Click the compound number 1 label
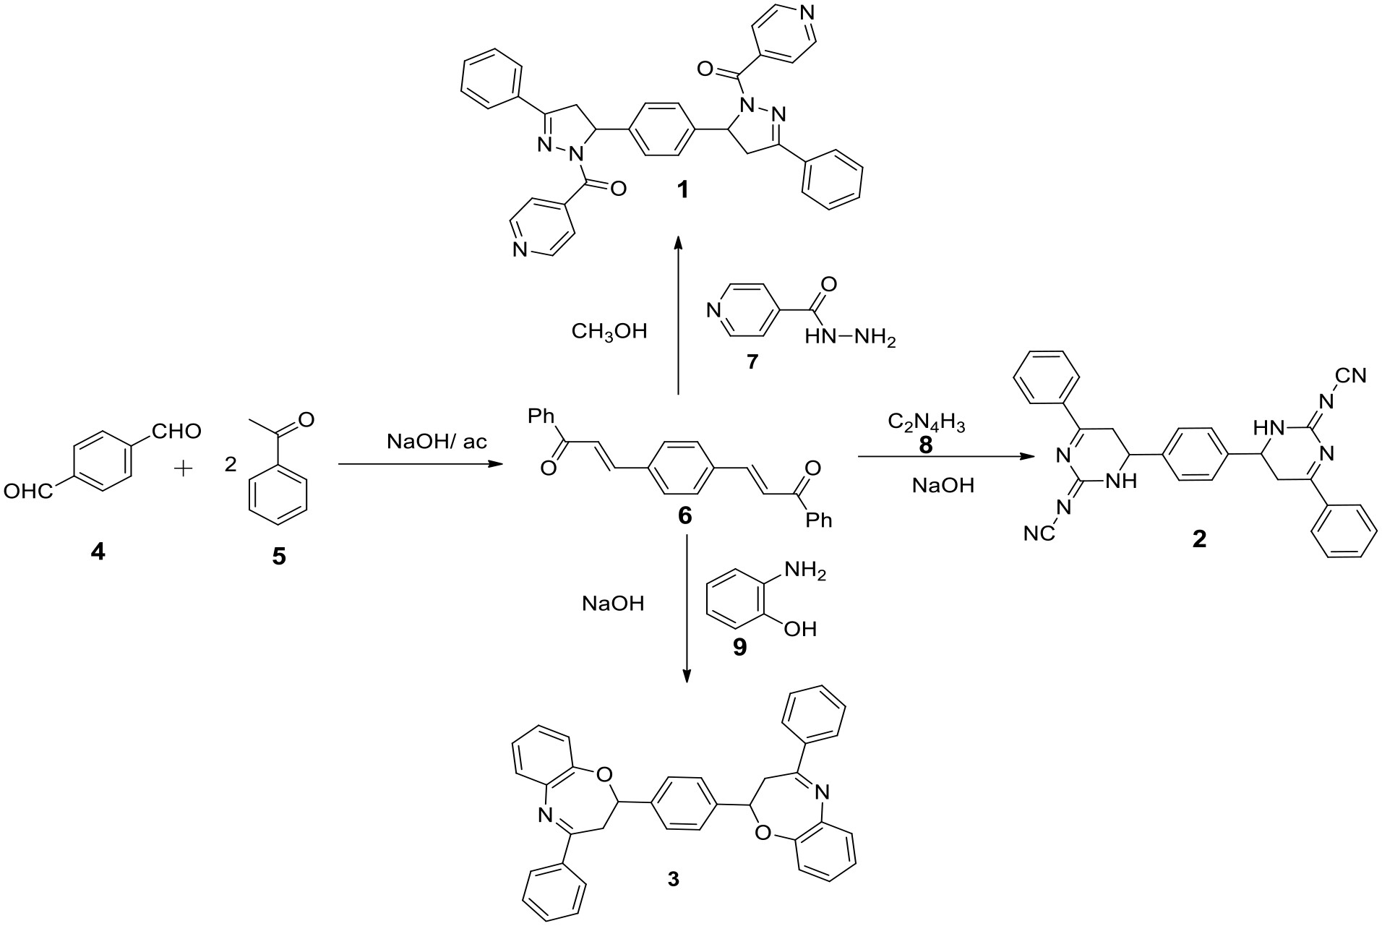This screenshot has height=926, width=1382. click(x=682, y=190)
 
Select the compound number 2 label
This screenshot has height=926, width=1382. click(x=1199, y=539)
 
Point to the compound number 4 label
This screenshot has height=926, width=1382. click(x=97, y=553)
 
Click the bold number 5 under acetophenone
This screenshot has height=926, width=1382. click(x=278, y=556)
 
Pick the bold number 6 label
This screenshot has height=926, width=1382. click(x=684, y=515)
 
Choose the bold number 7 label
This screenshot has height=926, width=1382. click(x=752, y=361)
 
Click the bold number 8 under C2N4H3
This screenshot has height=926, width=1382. click(x=926, y=446)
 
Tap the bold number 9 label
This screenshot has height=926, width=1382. click(x=739, y=647)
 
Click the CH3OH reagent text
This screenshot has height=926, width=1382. click(x=609, y=332)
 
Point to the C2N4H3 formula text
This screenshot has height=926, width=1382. click(x=926, y=422)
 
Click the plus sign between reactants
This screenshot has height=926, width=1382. click(x=185, y=469)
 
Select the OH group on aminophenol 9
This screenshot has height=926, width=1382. click(x=800, y=629)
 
